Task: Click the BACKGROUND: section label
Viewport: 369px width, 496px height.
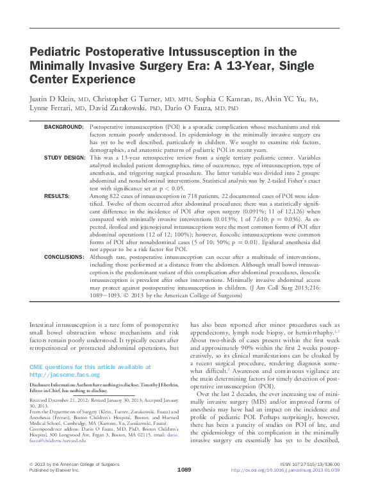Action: [x=64, y=128]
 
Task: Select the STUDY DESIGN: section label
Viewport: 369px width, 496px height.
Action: [x=63, y=157]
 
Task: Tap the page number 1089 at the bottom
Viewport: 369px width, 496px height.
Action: [x=184, y=488]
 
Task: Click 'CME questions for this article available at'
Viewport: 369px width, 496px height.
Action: [x=90, y=367]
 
